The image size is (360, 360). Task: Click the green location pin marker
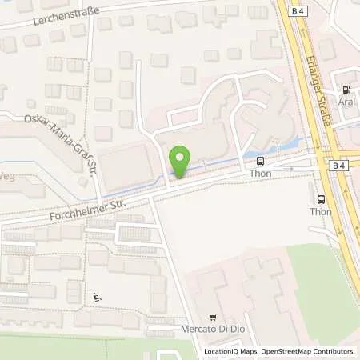181,163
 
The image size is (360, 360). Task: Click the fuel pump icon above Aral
346,91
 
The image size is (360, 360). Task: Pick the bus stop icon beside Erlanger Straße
320,199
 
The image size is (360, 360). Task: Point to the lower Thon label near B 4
320,212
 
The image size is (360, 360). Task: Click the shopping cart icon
212,318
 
